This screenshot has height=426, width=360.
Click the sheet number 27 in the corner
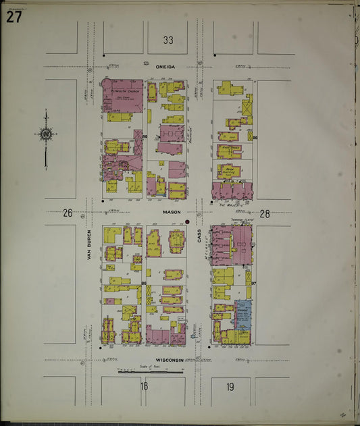tap(14, 17)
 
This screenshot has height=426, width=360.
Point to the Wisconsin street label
tap(170, 360)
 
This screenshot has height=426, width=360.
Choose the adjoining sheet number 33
tap(168, 41)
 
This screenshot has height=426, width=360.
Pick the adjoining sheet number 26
tap(68, 213)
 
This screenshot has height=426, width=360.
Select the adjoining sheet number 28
tap(265, 213)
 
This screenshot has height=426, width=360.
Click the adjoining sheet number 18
tap(144, 386)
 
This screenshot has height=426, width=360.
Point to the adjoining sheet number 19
tap(230, 386)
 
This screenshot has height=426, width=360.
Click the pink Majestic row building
tap(231, 190)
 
